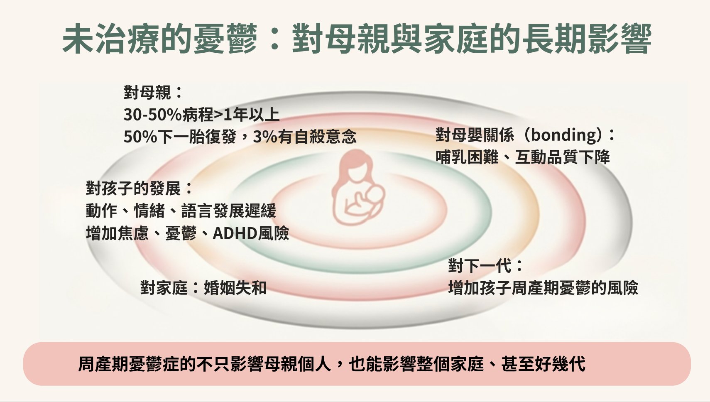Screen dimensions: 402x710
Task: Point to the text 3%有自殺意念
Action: click(x=304, y=137)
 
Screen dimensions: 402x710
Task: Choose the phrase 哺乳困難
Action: click(x=467, y=157)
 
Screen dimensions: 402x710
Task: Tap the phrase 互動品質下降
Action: click(x=562, y=157)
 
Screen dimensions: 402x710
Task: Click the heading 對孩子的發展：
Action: click(x=140, y=189)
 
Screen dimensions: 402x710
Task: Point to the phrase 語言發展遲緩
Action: click(x=228, y=211)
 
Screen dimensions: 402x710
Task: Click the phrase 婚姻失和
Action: click(x=235, y=287)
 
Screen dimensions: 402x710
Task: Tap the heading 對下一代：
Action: click(x=485, y=266)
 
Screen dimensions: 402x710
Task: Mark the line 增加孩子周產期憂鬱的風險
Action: click(x=543, y=288)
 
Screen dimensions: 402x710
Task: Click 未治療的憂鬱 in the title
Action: click(x=160, y=39)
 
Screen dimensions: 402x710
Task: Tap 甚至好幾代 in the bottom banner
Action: click(x=543, y=364)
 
